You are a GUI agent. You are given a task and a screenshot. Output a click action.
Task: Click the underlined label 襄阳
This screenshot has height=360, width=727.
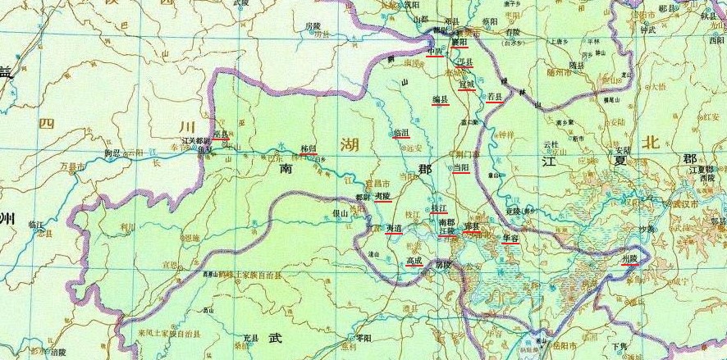(459, 40)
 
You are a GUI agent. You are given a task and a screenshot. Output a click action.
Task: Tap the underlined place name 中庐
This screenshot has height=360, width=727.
(435, 51)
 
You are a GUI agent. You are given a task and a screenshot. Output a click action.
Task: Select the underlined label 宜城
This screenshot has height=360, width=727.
(466, 84)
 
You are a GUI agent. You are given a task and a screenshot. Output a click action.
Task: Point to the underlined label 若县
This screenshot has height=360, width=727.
(495, 97)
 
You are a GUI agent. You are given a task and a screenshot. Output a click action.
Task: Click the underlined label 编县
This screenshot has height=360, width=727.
(441, 99)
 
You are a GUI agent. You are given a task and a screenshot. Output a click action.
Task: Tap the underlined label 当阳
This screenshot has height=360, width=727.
(461, 166)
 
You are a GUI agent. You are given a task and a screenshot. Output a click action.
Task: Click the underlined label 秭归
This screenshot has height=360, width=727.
(309, 148)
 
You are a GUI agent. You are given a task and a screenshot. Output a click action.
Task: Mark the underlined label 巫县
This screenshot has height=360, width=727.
(220, 133)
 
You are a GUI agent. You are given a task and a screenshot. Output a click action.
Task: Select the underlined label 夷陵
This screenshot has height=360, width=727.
(382, 197)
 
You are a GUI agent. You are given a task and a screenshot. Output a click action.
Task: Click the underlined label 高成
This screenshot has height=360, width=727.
(414, 261)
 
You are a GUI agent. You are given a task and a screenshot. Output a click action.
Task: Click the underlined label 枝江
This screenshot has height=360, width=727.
(439, 208)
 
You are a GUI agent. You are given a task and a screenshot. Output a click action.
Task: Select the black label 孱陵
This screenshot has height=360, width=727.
(443, 264)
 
